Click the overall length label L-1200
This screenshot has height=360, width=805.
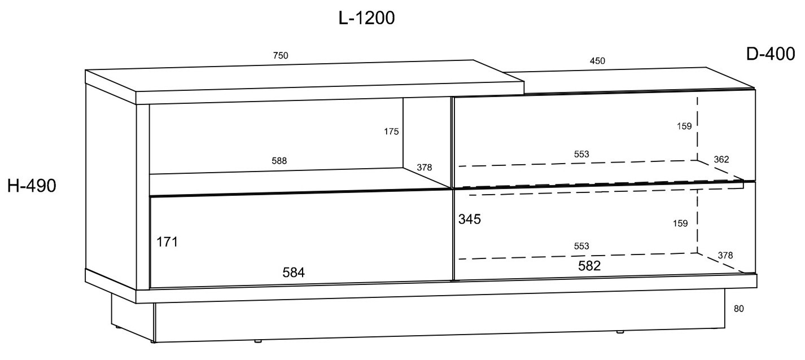[x=366, y=18]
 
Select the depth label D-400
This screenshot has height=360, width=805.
[x=771, y=54]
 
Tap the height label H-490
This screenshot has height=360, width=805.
[x=32, y=186]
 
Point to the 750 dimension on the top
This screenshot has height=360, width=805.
[x=281, y=56]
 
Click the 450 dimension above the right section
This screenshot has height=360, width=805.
[x=597, y=61]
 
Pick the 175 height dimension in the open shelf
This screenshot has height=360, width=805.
[x=391, y=131]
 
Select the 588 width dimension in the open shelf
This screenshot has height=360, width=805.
[x=279, y=161]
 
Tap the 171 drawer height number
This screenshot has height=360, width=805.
[x=167, y=242]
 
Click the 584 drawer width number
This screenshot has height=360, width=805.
[x=294, y=273]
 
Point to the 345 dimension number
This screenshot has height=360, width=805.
[x=470, y=219]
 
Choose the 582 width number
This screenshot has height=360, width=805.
[x=589, y=266]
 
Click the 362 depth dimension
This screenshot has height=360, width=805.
[x=721, y=159]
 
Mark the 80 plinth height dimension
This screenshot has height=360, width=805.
[x=739, y=309]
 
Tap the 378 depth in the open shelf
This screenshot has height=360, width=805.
[x=425, y=168]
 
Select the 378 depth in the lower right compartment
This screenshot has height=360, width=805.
[x=725, y=256]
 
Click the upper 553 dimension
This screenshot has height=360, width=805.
[x=581, y=154]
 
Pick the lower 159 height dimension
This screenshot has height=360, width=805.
[x=680, y=223]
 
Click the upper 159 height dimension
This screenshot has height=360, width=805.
[x=684, y=126]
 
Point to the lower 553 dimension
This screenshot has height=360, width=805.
[x=581, y=246]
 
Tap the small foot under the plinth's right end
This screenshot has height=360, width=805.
[x=620, y=332]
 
